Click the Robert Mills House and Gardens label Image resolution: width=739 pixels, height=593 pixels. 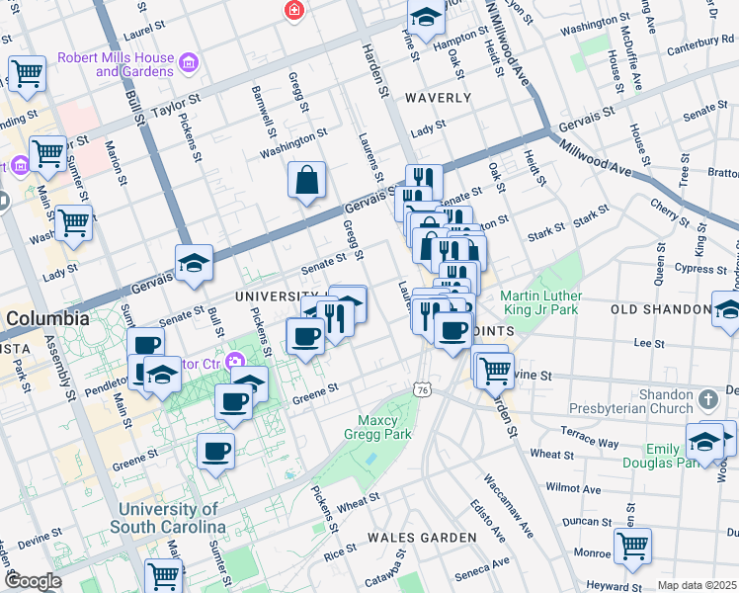coord(115,65)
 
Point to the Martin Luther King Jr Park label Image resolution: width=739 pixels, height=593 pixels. coord(540,303)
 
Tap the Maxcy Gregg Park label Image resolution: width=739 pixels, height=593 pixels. coord(376,425)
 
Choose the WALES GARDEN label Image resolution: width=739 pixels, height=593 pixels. coord(421,537)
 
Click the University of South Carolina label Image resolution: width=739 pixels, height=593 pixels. coord(167,518)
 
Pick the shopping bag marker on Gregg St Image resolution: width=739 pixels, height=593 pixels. coord(307,180)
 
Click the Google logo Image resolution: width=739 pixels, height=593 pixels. coord(33,581)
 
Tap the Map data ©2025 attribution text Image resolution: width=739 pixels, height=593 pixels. coord(697,585)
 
